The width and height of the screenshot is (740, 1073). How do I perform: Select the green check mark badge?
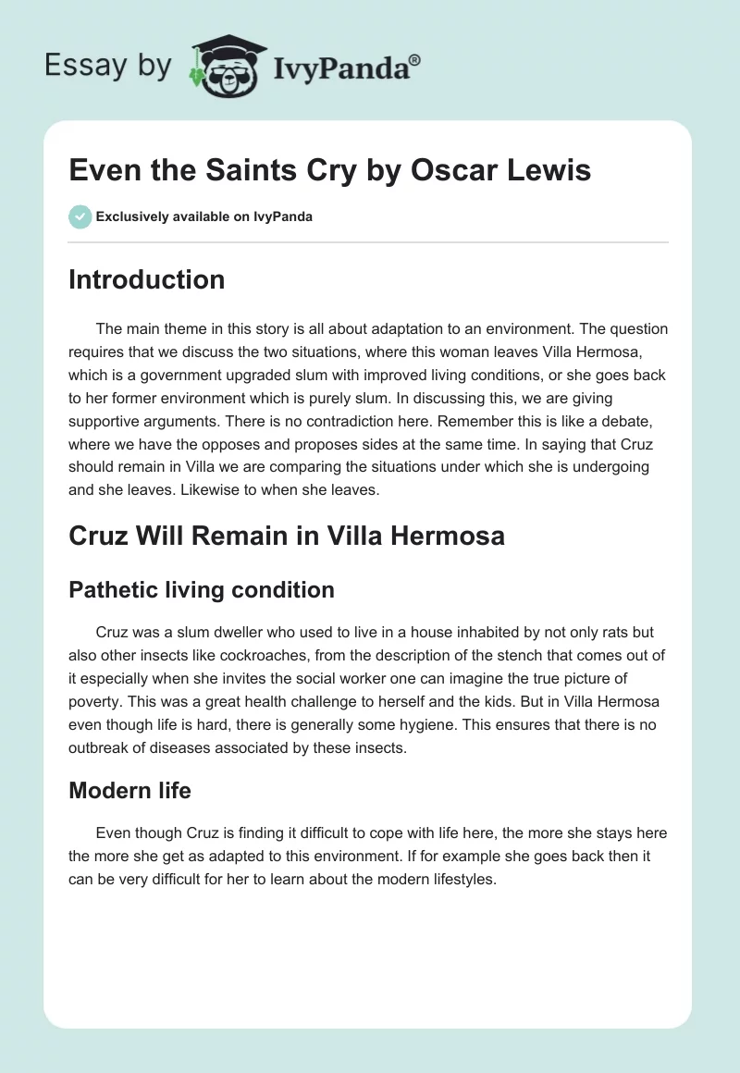tap(80, 216)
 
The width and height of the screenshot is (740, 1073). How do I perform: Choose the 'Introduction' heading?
tap(146, 279)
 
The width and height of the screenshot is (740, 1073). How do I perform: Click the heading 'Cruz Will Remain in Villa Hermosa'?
tap(287, 536)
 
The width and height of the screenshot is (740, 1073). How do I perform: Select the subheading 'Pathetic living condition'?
tap(202, 589)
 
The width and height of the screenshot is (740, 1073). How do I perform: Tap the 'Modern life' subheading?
tap(129, 790)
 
